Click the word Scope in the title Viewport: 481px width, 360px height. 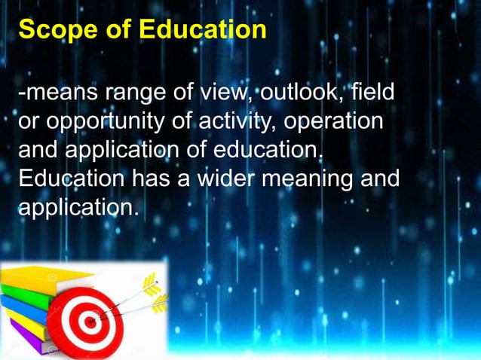49,31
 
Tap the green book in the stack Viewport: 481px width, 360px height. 30,289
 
